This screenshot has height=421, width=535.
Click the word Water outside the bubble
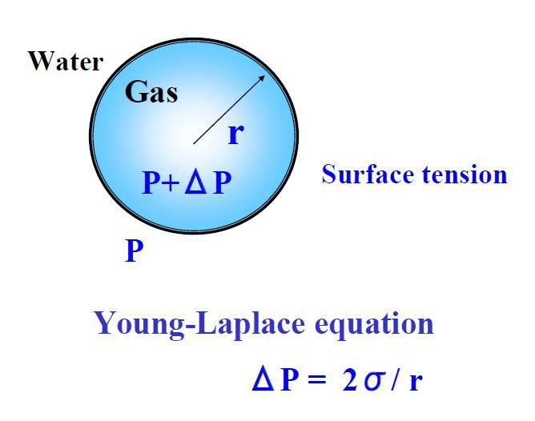pos(66,62)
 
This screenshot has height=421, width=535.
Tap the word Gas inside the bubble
pos(151,92)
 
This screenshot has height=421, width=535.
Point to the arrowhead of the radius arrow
pos(262,78)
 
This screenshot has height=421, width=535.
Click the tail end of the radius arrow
pos(194,143)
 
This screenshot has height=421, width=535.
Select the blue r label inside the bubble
pos(236,134)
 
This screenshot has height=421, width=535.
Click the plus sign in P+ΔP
pos(171,182)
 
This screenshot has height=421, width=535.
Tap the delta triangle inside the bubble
pos(195,182)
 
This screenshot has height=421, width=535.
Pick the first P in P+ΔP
pos(151,182)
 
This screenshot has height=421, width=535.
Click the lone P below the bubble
pos(134,251)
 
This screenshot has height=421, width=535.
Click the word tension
pos(465,174)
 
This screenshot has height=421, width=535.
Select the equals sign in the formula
pos(316,379)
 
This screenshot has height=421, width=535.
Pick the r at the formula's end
pos(415,381)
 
